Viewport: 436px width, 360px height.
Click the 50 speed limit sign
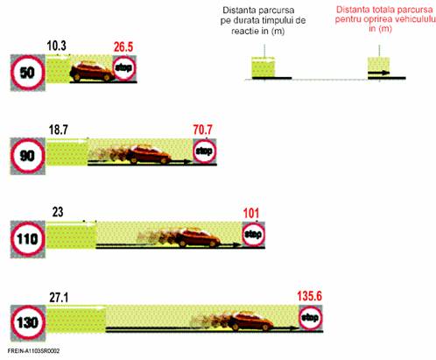coord(28,73)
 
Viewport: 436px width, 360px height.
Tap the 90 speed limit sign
coord(28,156)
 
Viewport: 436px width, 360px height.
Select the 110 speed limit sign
coord(28,239)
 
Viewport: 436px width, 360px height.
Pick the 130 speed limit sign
coord(28,322)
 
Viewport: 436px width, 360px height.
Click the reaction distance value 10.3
coord(57,46)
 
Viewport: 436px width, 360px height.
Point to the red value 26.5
coord(123,47)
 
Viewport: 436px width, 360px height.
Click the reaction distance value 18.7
coord(59,130)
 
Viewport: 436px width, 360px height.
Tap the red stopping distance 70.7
coord(203,130)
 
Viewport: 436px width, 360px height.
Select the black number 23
coord(58,212)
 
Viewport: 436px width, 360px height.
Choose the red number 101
coord(251,214)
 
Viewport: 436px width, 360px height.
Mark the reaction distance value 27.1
coord(59,298)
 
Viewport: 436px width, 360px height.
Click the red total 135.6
coord(310,296)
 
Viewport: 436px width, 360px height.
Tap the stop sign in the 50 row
coord(124,68)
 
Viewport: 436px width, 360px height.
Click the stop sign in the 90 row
coord(204,152)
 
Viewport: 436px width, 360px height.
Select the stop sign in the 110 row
coord(253,234)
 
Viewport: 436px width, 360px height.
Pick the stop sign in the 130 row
coord(310,318)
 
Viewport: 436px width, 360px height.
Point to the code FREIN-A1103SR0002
coord(33,351)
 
